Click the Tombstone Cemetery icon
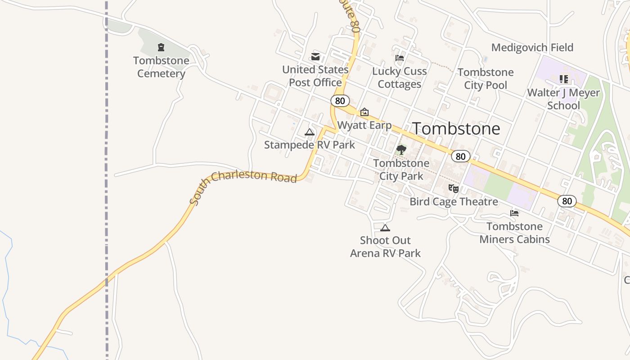click(x=161, y=47)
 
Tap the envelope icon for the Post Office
click(x=315, y=57)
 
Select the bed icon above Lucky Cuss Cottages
click(x=399, y=58)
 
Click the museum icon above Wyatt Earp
click(x=364, y=112)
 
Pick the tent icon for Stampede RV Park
click(x=309, y=132)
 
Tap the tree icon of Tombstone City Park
click(x=401, y=150)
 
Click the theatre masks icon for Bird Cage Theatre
click(x=454, y=189)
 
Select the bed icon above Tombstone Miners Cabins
click(x=514, y=213)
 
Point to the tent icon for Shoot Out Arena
click(x=385, y=228)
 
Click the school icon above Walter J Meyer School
click(x=563, y=80)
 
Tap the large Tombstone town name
click(x=456, y=129)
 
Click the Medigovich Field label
click(x=532, y=47)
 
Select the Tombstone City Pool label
click(x=486, y=79)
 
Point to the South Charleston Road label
click(x=243, y=185)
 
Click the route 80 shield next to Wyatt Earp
click(x=340, y=101)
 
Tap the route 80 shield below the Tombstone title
click(x=460, y=156)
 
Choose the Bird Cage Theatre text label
click(x=454, y=202)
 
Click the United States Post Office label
click(x=315, y=76)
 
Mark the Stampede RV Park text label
click(x=310, y=145)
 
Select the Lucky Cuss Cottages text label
click(x=400, y=77)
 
